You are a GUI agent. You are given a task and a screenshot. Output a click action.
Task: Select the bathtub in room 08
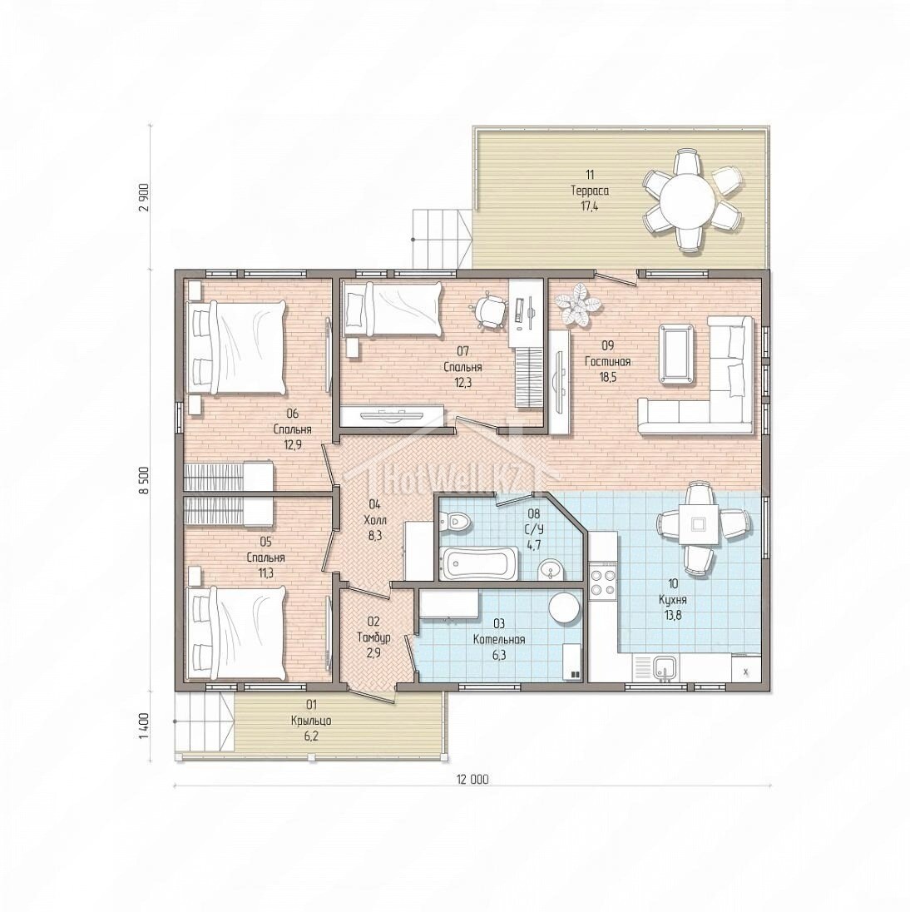[x=478, y=563]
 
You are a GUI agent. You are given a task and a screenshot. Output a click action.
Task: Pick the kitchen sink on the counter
[x=664, y=667]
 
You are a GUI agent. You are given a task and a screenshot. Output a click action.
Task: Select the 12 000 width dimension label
[x=472, y=780]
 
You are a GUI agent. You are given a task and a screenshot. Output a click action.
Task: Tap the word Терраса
[x=590, y=191]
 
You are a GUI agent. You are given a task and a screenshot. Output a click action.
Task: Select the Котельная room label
[x=499, y=640]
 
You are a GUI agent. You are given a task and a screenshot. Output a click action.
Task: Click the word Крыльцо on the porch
[x=311, y=721]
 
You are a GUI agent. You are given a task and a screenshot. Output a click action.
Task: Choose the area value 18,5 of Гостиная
[x=607, y=377]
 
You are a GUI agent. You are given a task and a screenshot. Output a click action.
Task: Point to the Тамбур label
[x=373, y=637]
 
